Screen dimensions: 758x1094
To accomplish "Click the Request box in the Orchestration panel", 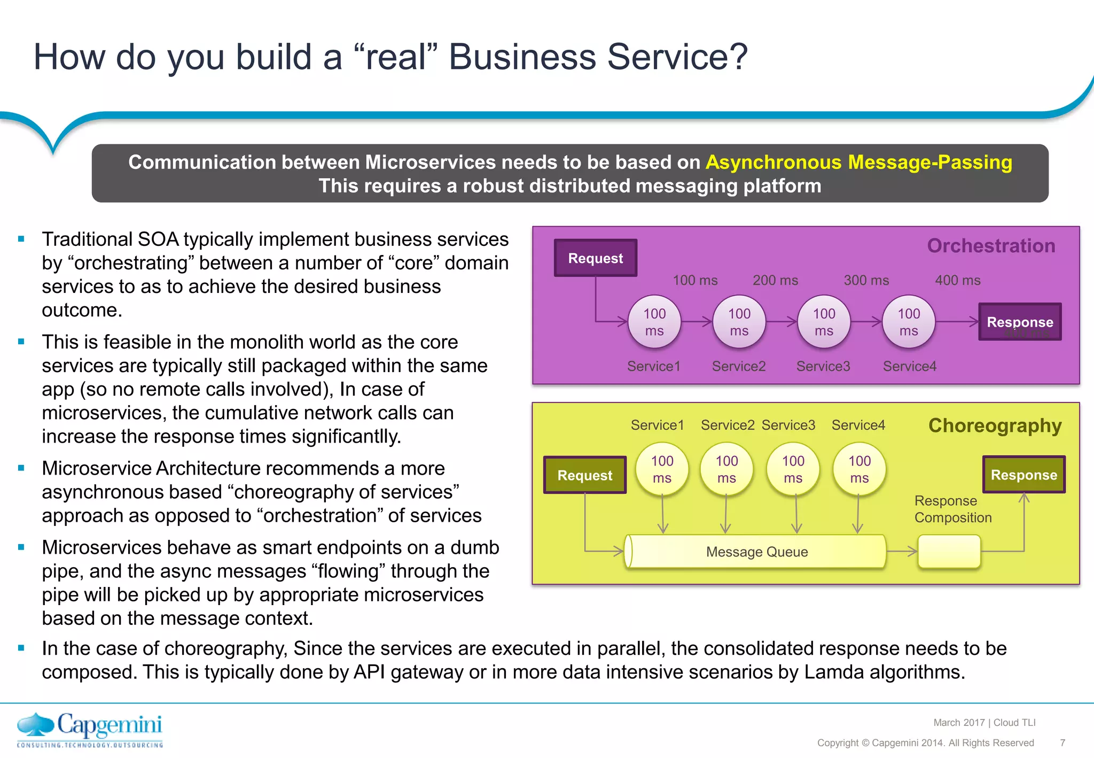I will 595,258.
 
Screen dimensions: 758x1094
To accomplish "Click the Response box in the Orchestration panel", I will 1019,322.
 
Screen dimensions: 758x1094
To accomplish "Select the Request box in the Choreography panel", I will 584,475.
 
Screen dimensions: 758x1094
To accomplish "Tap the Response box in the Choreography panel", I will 1023,475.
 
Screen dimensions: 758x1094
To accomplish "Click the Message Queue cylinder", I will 756,552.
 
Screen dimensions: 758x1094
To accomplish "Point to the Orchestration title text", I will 991,246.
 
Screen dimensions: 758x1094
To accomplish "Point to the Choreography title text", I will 995,426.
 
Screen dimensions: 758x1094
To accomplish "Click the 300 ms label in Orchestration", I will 866,280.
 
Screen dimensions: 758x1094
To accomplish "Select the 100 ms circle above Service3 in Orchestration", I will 824,322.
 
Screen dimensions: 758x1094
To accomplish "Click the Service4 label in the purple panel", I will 909,366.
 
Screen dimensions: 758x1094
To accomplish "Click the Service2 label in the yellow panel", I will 727,425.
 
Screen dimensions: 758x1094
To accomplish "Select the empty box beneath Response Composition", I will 949,552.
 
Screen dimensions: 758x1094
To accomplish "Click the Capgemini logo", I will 90,729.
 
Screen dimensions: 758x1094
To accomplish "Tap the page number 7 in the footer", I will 1062,742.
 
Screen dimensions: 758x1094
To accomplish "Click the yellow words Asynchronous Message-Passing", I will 858,162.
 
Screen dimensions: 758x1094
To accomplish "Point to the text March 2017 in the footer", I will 959,723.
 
